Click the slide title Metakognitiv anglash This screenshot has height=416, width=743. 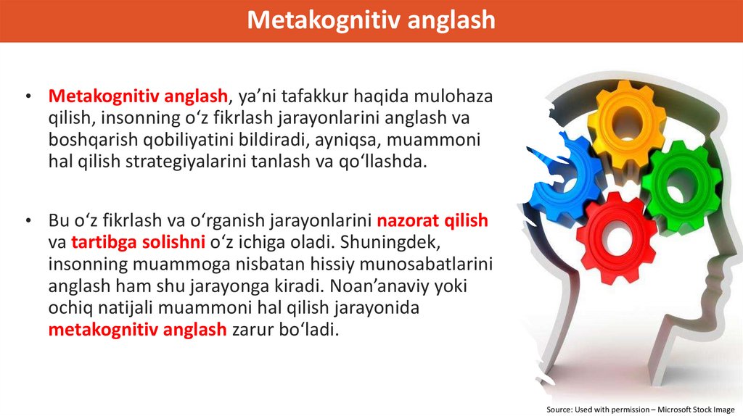[x=371, y=20]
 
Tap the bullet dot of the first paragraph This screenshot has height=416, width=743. [x=28, y=97]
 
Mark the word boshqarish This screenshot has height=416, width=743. [x=89, y=139]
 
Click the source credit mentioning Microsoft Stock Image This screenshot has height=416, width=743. [x=641, y=409]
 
